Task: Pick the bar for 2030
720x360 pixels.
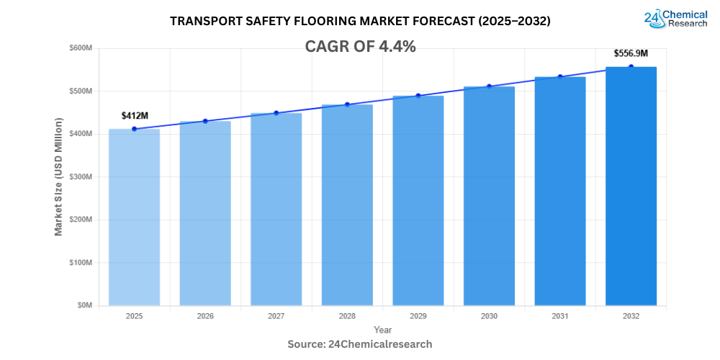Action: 489,196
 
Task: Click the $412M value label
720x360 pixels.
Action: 134,115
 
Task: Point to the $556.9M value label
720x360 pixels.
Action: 631,53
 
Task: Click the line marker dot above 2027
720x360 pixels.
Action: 276,113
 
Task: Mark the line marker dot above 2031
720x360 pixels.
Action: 560,76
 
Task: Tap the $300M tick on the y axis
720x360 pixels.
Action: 81,177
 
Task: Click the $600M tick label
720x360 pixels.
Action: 81,48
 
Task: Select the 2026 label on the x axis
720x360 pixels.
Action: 205,316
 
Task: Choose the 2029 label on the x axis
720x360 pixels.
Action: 418,316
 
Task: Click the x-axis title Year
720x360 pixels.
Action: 383,330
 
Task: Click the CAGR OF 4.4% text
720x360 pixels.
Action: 360,47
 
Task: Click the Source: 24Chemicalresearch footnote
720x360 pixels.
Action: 360,344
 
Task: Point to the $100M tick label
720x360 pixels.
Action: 81,263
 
